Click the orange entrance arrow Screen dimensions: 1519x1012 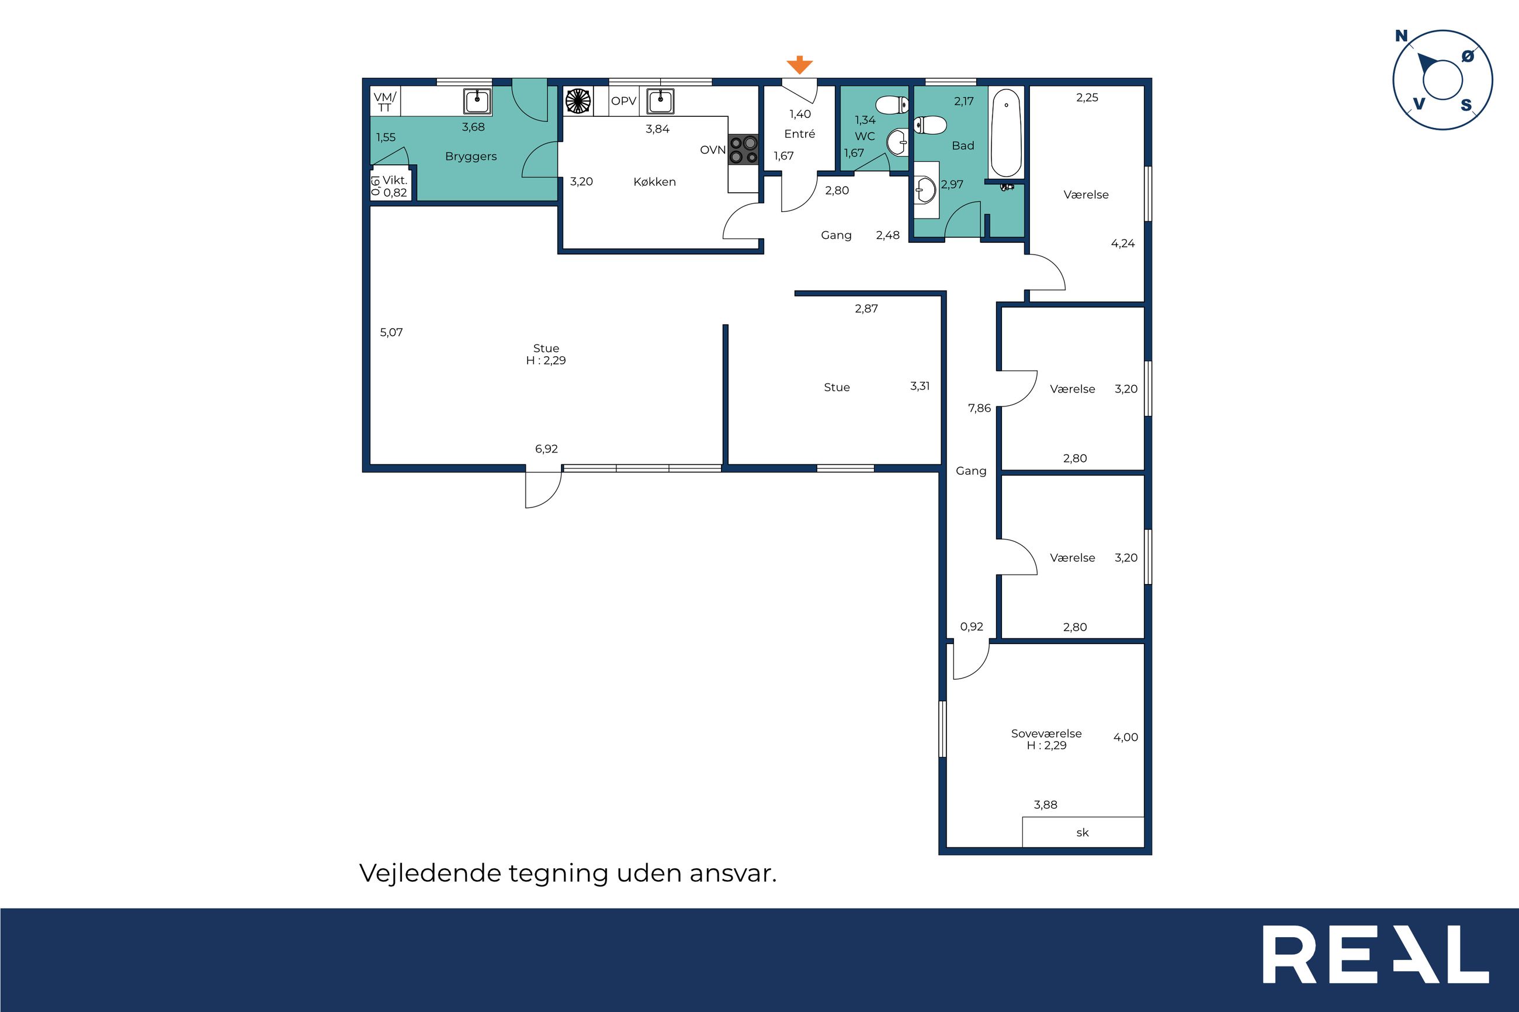pyautogui.click(x=799, y=65)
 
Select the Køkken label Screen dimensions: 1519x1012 pyautogui.click(x=654, y=182)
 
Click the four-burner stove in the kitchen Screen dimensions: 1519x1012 pyautogui.click(x=744, y=149)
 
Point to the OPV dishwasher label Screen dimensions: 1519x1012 pyautogui.click(x=623, y=102)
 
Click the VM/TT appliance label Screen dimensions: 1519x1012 pyautogui.click(x=385, y=102)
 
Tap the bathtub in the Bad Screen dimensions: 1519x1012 pyautogui.click(x=1006, y=133)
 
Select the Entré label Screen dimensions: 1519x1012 pyautogui.click(x=799, y=134)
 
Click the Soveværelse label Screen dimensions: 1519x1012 pyautogui.click(x=1046, y=733)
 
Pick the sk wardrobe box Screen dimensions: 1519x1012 pyautogui.click(x=1083, y=832)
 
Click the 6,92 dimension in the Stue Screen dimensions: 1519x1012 pyautogui.click(x=546, y=449)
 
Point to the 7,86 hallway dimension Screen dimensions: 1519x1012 pyautogui.click(x=979, y=408)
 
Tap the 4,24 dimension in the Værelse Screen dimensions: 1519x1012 pyautogui.click(x=1123, y=244)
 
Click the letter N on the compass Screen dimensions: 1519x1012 pyautogui.click(x=1401, y=36)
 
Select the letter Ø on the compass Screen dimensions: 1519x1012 pyautogui.click(x=1468, y=57)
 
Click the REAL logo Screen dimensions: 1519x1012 pyautogui.click(x=1376, y=954)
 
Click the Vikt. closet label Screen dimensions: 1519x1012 pyautogui.click(x=394, y=180)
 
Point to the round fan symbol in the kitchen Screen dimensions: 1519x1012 pyautogui.click(x=578, y=102)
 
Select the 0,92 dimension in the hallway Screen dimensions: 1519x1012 pyautogui.click(x=972, y=627)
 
